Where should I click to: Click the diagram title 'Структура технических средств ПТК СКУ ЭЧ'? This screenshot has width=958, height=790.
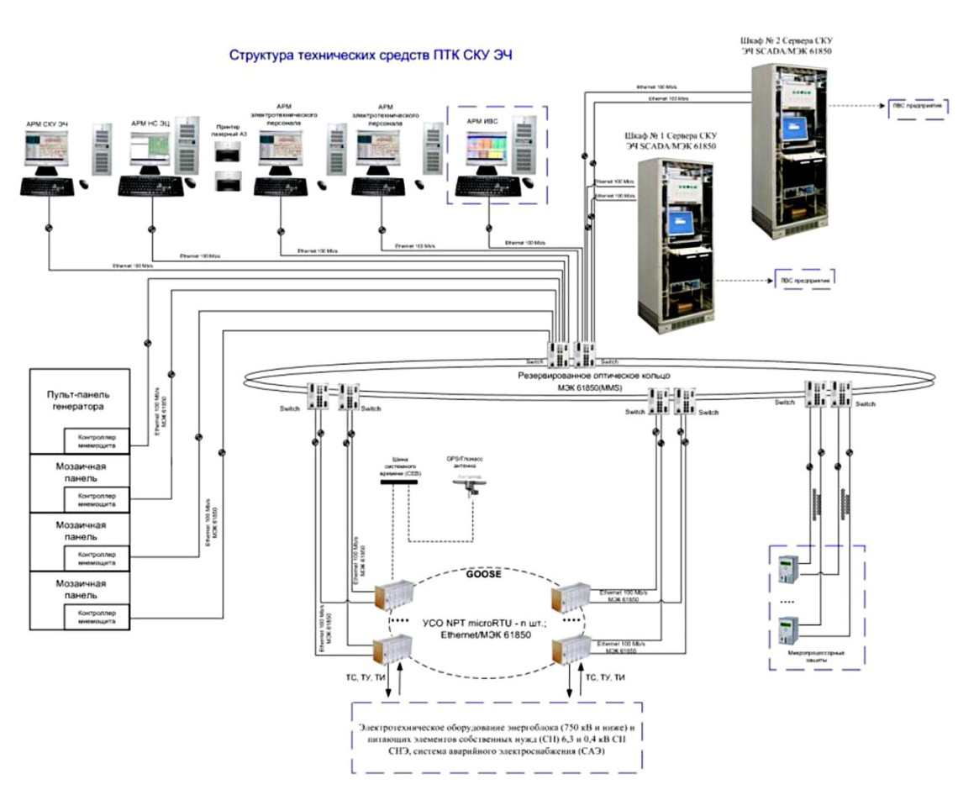[x=371, y=55]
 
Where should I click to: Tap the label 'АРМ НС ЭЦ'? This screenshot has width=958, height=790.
[x=150, y=123]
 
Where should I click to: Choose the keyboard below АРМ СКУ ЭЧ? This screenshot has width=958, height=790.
[x=47, y=187]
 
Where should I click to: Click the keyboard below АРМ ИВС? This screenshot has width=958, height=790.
[x=489, y=187]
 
